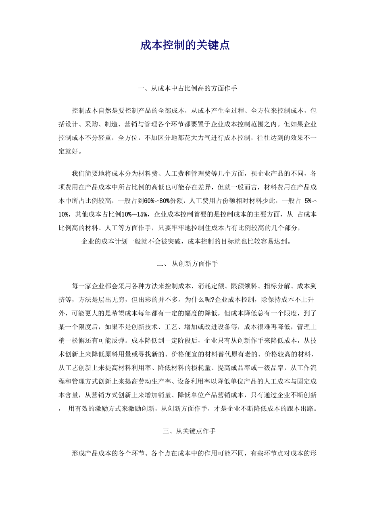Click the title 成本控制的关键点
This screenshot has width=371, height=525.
coord(185,45)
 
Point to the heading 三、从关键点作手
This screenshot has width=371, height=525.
coord(189,431)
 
